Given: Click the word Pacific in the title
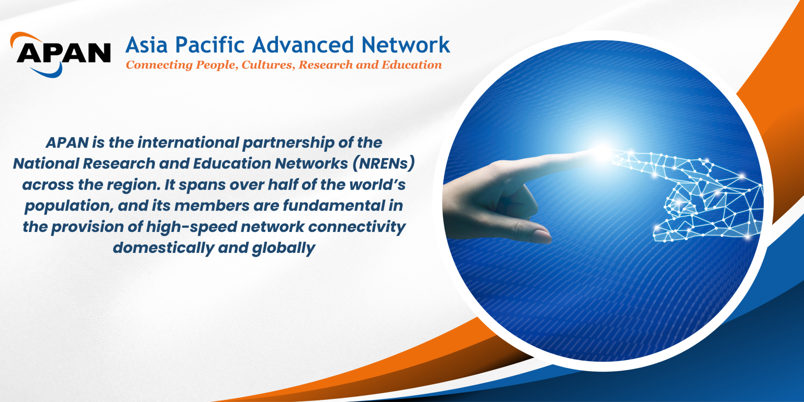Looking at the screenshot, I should tap(209, 45).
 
